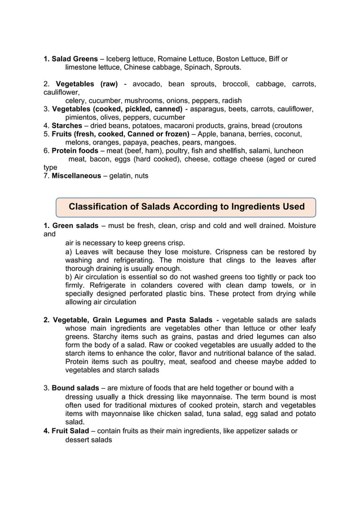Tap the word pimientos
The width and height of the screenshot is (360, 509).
click(x=85, y=117)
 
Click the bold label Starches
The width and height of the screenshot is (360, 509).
click(x=67, y=125)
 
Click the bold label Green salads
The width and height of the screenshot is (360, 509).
click(x=75, y=226)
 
